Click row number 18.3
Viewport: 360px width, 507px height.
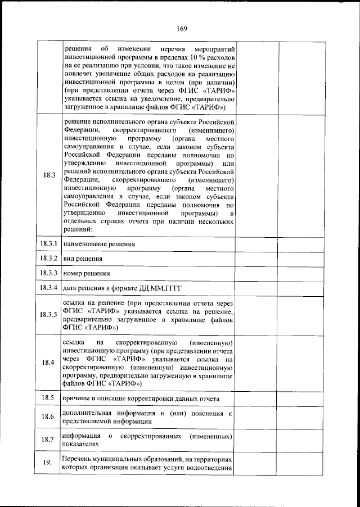click(48, 175)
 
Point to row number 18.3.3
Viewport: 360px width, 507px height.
click(48, 273)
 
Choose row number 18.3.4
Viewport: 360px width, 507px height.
click(48, 288)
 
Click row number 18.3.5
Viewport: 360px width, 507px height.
click(48, 314)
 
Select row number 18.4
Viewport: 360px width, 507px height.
click(48, 362)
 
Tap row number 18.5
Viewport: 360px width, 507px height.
click(48, 398)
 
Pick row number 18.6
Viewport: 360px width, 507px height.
click(48, 417)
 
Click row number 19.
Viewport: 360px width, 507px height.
click(48, 463)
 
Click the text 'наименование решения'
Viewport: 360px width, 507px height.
click(99, 245)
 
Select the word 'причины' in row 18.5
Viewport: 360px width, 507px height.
click(77, 399)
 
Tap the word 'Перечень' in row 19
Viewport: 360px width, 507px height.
click(79, 459)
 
